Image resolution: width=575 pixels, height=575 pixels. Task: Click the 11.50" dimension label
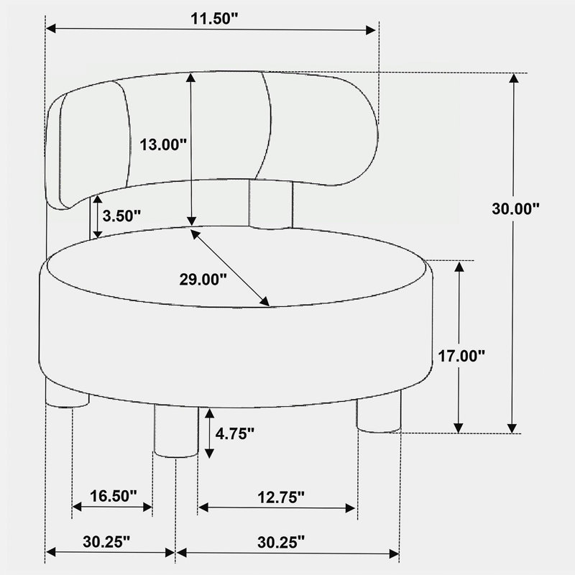pyautogui.click(x=214, y=19)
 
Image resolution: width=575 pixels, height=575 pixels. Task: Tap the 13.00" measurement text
pyautogui.click(x=163, y=145)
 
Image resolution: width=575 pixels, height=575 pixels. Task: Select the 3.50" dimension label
pyautogui.click(x=121, y=216)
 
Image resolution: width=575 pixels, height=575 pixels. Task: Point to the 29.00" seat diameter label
pyautogui.click(x=203, y=280)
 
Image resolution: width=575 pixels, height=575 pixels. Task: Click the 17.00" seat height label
pyautogui.click(x=461, y=356)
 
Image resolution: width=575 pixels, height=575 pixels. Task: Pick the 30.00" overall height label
pyautogui.click(x=515, y=208)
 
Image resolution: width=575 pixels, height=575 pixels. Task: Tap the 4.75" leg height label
pyautogui.click(x=235, y=433)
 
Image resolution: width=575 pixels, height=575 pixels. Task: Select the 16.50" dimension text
pyautogui.click(x=114, y=496)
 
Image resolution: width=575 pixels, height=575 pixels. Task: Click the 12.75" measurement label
pyautogui.click(x=281, y=497)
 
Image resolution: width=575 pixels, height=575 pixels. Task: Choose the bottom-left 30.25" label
pyautogui.click(x=106, y=541)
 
